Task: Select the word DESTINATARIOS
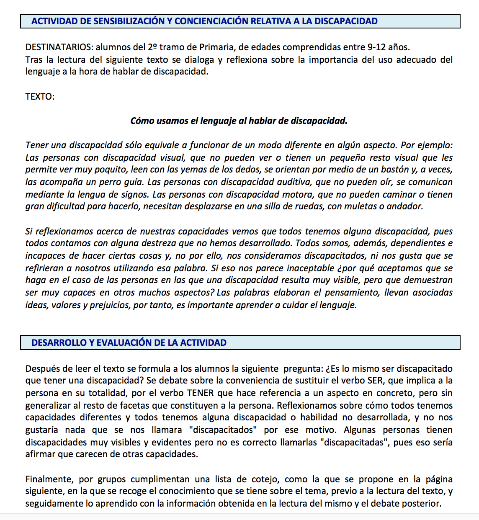coord(57,47)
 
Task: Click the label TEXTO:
coord(40,97)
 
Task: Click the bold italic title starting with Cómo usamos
coord(239,121)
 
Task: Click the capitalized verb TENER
coord(200,393)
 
